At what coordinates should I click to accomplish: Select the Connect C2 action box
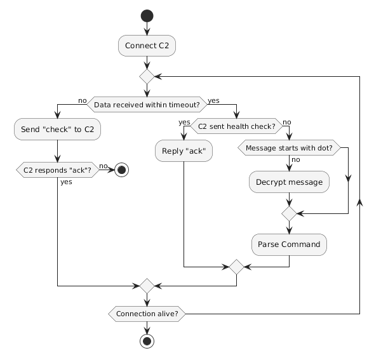tap(147, 46)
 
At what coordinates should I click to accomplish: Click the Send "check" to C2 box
tap(57, 130)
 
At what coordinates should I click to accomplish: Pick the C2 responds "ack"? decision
tap(57, 171)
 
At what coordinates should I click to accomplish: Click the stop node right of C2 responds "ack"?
tap(121, 171)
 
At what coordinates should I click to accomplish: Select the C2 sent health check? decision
tap(236, 126)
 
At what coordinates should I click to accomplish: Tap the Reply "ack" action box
tap(184, 150)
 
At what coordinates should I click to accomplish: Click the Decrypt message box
tap(290, 182)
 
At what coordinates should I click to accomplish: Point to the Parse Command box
tap(290, 244)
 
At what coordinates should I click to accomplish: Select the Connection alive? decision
tap(147, 313)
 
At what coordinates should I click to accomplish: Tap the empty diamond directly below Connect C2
tap(147, 77)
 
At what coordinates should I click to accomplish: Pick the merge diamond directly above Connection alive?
tap(147, 286)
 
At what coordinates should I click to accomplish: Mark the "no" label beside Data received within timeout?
tap(82, 100)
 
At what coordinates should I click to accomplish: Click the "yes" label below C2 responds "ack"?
tap(66, 182)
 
